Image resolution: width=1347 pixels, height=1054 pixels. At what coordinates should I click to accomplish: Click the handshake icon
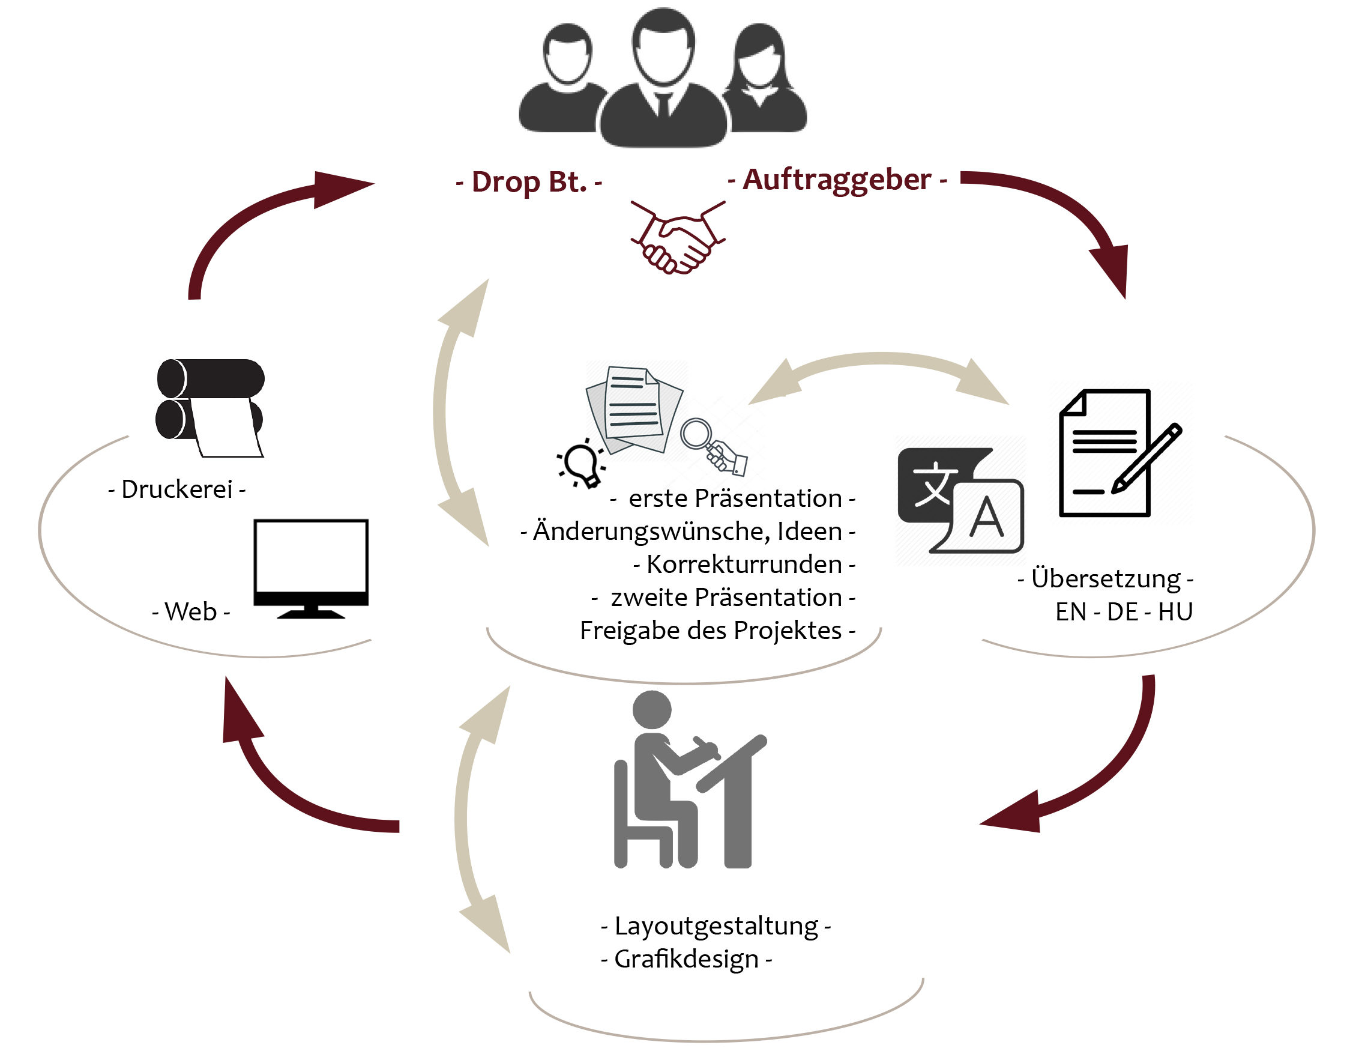tap(678, 237)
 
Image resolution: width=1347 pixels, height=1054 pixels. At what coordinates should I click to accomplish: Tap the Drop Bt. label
tap(529, 182)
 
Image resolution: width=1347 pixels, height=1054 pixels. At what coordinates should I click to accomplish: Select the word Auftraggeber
tap(837, 180)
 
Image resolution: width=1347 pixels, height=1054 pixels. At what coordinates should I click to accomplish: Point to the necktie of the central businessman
tap(663, 105)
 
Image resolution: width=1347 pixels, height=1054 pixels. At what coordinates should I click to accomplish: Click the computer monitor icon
tap(311, 568)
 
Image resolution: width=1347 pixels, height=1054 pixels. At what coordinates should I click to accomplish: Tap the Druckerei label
tap(177, 489)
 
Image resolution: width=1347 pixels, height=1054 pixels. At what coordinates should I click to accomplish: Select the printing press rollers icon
tap(210, 408)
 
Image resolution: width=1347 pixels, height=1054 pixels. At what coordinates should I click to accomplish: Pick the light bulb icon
tap(581, 463)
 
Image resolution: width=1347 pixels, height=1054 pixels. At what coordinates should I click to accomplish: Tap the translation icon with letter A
tap(960, 500)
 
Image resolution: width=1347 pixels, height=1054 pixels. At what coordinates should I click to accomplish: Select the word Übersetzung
tap(1106, 579)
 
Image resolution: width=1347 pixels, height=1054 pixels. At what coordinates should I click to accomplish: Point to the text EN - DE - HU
tap(1124, 611)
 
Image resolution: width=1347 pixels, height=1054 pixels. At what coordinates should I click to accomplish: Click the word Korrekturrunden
tap(744, 564)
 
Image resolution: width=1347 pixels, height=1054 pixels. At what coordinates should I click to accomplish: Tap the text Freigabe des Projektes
tap(711, 631)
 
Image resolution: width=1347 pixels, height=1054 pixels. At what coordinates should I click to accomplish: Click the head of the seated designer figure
tap(652, 709)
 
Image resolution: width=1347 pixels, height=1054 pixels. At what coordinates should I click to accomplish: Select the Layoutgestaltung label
tap(716, 927)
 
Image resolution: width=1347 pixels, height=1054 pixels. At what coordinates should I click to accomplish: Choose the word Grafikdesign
tap(687, 960)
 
